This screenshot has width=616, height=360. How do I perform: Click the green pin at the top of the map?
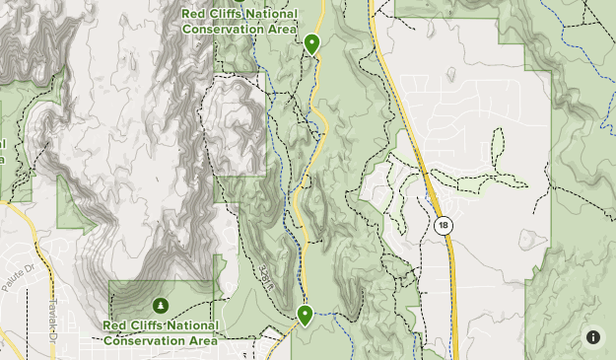pos(311,42)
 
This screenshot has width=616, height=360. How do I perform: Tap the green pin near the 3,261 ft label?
pos(305,315)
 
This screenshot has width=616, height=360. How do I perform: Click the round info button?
pos(593,336)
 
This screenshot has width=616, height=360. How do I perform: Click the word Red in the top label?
pos(195,14)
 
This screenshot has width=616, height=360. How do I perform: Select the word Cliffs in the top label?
pos(228,14)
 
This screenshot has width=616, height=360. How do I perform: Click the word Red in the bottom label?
pos(116,325)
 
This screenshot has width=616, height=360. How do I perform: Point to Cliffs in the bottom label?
pos(149,325)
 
